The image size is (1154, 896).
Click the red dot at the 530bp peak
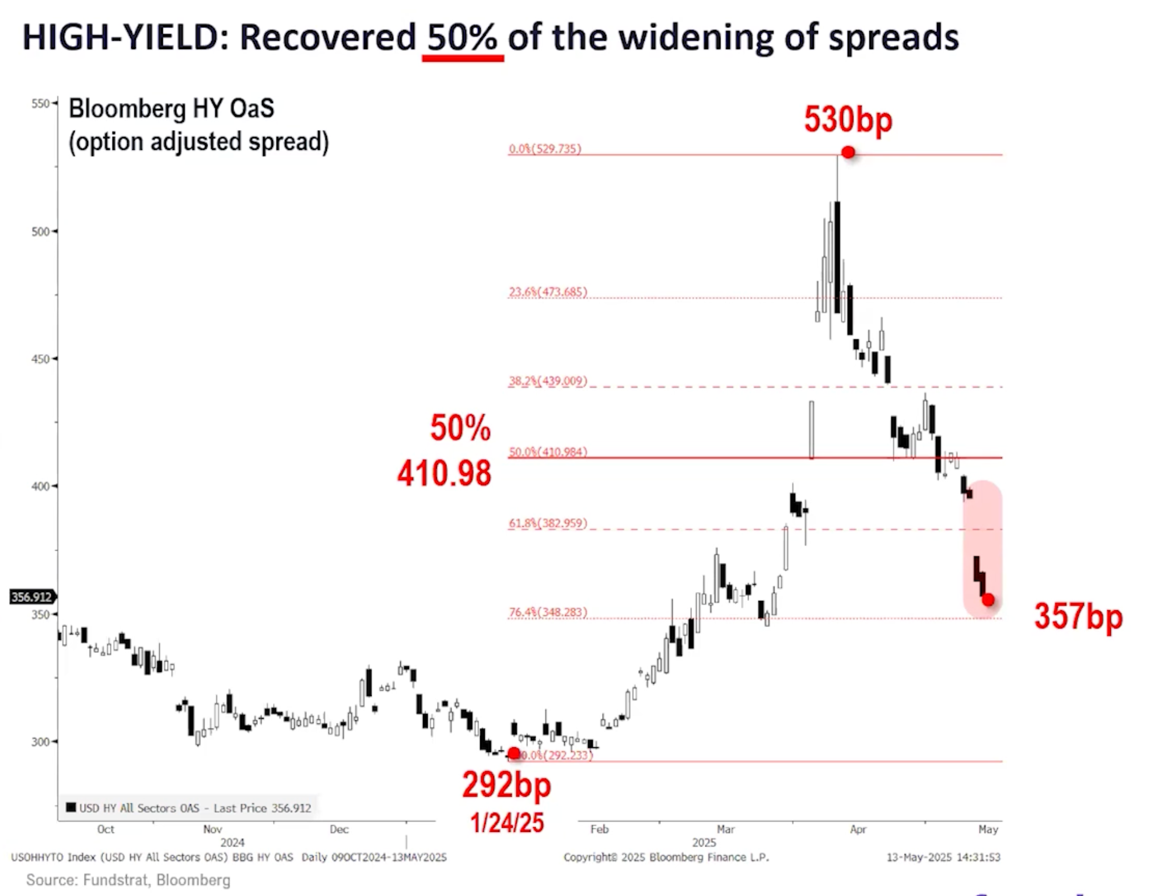[848, 153]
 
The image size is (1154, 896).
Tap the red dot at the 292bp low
[514, 754]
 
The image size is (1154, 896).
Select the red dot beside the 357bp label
[988, 600]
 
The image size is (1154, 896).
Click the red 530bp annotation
[848, 120]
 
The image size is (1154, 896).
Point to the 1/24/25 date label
[507, 823]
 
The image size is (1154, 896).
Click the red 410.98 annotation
[444, 473]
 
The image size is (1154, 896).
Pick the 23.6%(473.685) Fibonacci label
[548, 292]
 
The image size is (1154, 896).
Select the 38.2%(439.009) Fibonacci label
[548, 381]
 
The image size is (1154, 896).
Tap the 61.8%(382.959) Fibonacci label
[548, 523]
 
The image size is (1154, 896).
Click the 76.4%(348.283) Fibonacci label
[548, 612]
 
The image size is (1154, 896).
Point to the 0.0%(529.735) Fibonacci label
[545, 149]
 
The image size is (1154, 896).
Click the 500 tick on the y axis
[40, 232]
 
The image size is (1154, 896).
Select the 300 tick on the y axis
[40, 742]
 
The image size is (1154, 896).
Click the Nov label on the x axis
[212, 829]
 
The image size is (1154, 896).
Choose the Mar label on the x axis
[726, 829]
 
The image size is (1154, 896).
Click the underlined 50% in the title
[463, 37]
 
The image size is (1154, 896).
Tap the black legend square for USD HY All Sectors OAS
[71, 807]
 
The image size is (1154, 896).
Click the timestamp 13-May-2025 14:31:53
[943, 857]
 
